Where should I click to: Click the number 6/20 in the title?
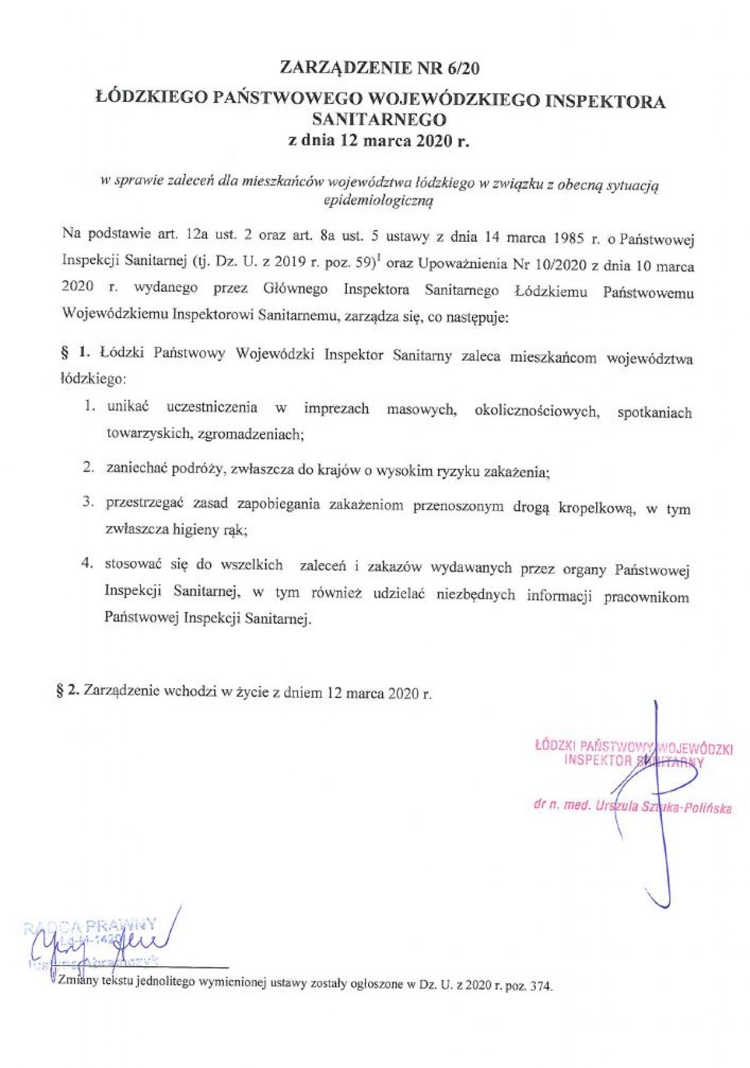(463, 68)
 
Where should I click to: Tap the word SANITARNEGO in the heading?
(379, 119)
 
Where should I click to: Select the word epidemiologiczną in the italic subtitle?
(379, 201)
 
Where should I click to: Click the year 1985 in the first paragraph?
(567, 238)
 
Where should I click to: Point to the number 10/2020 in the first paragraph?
(561, 265)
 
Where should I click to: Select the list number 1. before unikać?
(90, 406)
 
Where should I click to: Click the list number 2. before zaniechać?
(89, 467)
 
